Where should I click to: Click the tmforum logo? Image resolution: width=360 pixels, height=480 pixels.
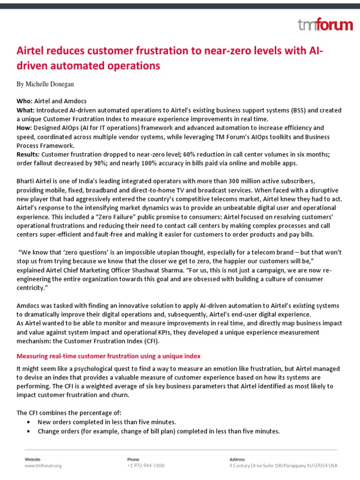[325, 25]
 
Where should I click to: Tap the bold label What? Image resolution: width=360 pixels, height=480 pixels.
[26, 110]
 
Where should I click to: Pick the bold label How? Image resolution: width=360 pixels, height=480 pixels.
[25, 127]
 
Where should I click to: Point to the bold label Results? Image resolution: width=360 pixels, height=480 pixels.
[29, 154]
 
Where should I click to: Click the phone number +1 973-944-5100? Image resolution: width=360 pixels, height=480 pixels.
[145, 465]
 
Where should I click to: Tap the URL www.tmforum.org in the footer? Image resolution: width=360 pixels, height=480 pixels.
[43, 465]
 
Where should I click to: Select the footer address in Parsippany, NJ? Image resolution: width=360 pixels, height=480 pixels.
[283, 465]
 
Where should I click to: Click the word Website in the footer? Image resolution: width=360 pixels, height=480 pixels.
[32, 459]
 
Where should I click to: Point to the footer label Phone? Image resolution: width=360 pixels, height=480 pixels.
[133, 459]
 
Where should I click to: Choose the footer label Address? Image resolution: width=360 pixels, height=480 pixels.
[238, 459]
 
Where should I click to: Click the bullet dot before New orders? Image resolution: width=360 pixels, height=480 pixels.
[30, 422]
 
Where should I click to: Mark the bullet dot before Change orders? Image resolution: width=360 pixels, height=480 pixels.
[30, 431]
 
